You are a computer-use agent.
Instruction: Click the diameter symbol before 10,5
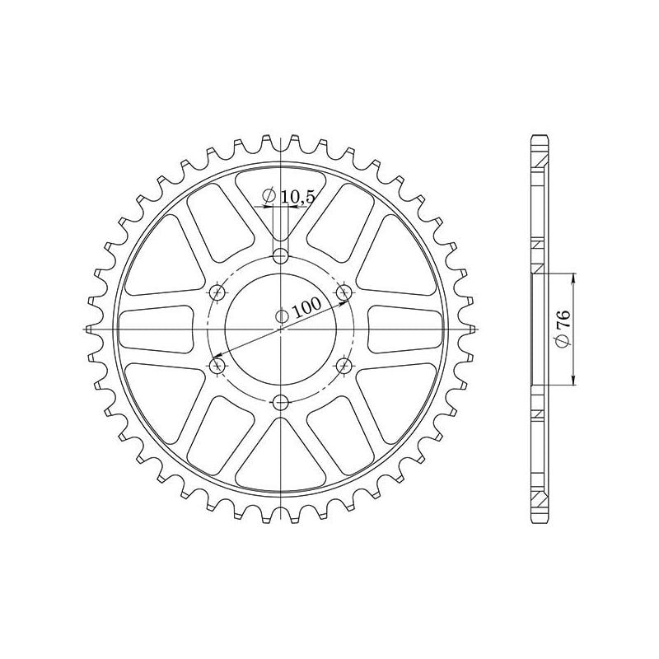point(268,196)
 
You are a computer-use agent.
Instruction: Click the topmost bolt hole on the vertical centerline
point(282,254)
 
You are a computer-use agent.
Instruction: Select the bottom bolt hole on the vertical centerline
point(282,402)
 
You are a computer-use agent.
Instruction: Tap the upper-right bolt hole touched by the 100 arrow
point(344,291)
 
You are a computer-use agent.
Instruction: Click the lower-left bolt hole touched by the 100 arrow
point(218,364)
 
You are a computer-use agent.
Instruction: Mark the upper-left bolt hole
point(218,291)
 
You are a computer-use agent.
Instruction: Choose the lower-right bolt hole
point(344,364)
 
